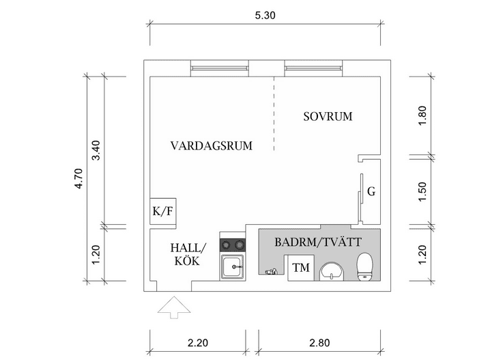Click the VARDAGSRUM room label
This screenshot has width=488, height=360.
pos(212,146)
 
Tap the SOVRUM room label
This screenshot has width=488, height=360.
pos(328,117)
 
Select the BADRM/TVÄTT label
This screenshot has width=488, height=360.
pos(317,242)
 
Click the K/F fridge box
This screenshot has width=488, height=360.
pos(163,211)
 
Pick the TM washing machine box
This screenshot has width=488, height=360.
pos(300,268)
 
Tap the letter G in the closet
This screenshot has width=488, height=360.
pos(371,191)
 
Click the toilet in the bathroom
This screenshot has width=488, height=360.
pos(365,266)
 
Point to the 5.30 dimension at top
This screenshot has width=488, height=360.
pos(264,15)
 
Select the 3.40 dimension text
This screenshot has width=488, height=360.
pos(96,150)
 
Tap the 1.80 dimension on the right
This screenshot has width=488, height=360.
pos(422,114)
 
